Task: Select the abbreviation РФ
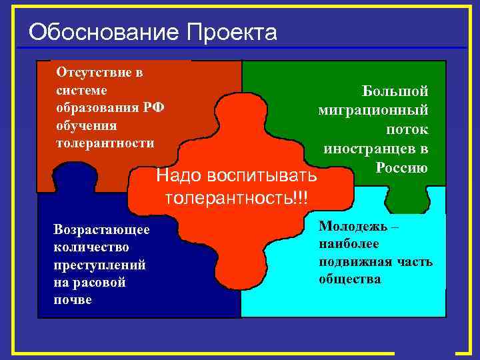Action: point(154,108)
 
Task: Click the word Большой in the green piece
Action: point(395,91)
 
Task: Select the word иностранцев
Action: point(369,149)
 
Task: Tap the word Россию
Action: point(401,167)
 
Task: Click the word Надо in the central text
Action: point(178,177)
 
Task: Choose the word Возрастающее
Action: point(102,229)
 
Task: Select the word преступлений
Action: point(99,265)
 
